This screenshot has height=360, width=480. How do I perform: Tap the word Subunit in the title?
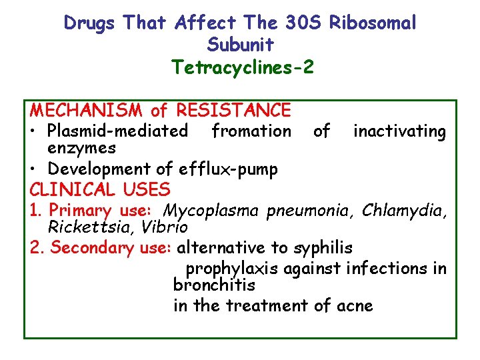pos(240,45)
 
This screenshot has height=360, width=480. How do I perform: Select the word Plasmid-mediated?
pos(117,131)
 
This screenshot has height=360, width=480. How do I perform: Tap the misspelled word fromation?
pos(251,131)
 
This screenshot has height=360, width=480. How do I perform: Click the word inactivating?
pos(399,131)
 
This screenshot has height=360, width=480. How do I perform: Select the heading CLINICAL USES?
pos(100,189)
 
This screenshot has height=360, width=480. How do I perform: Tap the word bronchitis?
pos(214,285)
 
